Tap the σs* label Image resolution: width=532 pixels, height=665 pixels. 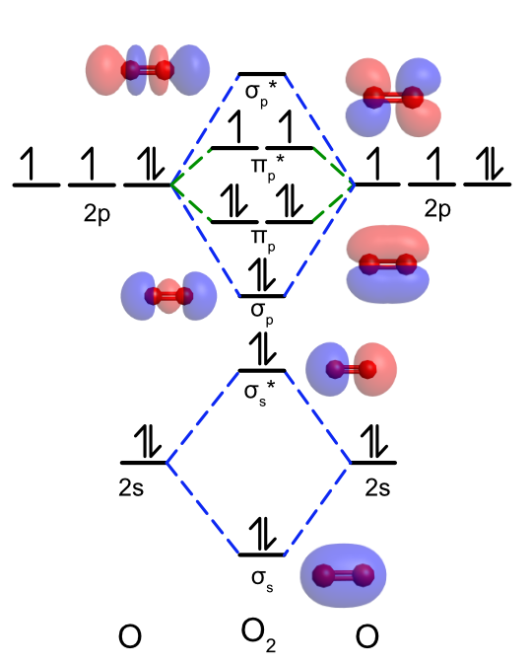click(260, 393)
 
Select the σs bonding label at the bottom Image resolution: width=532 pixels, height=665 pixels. click(262, 580)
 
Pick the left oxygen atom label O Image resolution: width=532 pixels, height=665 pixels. click(130, 636)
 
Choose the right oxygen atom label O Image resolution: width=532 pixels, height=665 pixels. click(366, 636)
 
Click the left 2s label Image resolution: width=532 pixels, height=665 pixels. click(131, 487)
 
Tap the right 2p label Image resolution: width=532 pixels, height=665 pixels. click(437, 210)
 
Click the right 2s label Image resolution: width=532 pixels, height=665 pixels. click(377, 487)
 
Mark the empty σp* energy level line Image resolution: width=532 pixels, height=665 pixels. click(262, 74)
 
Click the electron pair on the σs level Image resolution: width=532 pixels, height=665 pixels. click(262, 534)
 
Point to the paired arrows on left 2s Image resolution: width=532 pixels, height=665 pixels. click(148, 441)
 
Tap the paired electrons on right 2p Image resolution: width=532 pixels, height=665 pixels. click(490, 164)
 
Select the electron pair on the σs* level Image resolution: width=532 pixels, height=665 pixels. click(262, 348)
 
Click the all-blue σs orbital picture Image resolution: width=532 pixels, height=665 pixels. click(343, 575)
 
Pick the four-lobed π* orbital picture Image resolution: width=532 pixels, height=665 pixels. click(393, 98)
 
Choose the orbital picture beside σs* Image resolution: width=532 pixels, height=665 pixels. click(351, 369)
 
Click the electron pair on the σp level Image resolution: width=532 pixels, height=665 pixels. click(262, 275)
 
